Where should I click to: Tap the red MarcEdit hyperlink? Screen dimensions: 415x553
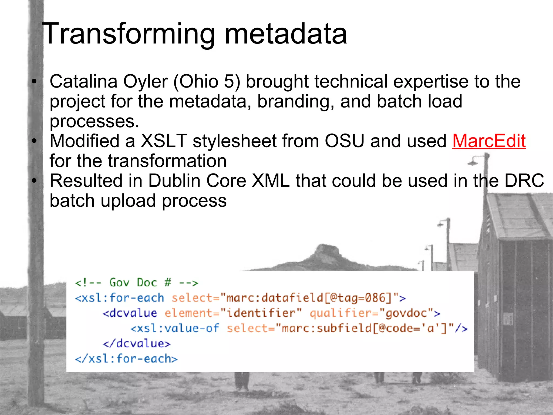tap(489, 141)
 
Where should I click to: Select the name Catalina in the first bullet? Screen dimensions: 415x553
tap(83, 81)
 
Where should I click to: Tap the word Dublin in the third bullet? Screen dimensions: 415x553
tap(174, 180)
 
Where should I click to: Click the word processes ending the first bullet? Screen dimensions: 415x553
tap(94, 122)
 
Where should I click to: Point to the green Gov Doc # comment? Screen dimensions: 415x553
tap(137, 283)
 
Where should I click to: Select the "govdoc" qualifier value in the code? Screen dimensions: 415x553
tap(406, 313)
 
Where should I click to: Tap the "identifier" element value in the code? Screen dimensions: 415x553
tap(261, 313)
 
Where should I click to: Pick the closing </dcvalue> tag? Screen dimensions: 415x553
tap(137, 344)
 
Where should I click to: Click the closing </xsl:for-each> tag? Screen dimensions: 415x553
tap(126, 359)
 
